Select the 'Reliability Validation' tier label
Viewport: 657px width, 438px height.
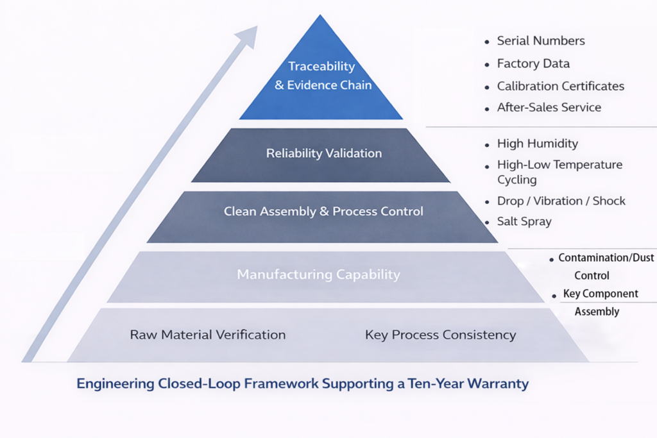pos(323,153)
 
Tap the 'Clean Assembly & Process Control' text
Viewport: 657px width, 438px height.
pos(323,211)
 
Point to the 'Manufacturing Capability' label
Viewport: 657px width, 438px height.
pos(318,274)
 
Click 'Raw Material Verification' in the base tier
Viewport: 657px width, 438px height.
pos(207,335)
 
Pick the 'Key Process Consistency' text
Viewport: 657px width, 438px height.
pos(440,335)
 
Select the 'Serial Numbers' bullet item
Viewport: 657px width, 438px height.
pos(541,40)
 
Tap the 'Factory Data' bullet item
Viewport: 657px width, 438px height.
pos(533,63)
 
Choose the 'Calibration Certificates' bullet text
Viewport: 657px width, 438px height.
pos(560,86)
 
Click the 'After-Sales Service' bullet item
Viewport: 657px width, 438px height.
pos(549,107)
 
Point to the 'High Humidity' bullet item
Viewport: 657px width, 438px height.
pos(537,144)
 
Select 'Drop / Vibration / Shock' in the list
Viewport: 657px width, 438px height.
pos(561,201)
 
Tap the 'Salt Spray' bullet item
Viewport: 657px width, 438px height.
pos(524,221)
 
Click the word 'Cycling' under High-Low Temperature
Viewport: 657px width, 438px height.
pos(516,180)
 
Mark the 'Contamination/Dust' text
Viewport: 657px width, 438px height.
pos(606,258)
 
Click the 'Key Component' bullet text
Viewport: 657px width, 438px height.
pos(601,294)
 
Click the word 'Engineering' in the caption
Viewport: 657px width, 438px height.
pos(114,384)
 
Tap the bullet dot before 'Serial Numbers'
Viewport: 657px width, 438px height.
pos(487,41)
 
